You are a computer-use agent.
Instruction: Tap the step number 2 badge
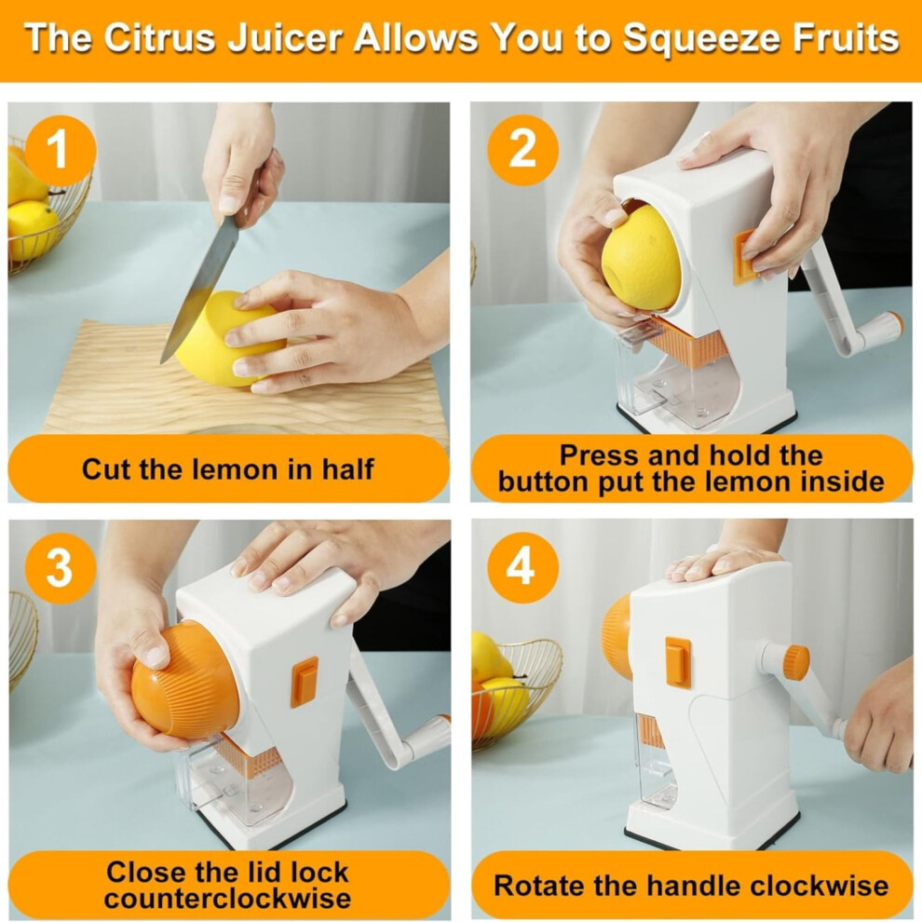522,150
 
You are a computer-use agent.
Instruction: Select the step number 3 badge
60,569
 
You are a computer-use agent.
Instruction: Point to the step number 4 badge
522,567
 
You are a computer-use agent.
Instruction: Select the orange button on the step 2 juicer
744,258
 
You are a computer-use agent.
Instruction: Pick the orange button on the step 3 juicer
304,682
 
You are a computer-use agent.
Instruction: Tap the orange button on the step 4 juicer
678,663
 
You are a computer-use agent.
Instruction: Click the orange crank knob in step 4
795,663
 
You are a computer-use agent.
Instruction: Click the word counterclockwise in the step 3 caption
227,899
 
